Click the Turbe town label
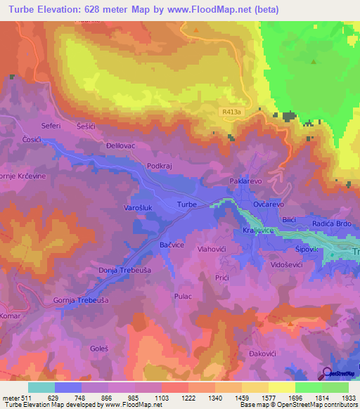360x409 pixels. pos(186,204)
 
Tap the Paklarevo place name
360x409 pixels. pos(245,181)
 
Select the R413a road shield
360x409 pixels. pos(230,112)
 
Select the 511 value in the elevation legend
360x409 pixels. pos(25,398)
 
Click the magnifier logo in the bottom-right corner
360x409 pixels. pos(327,373)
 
